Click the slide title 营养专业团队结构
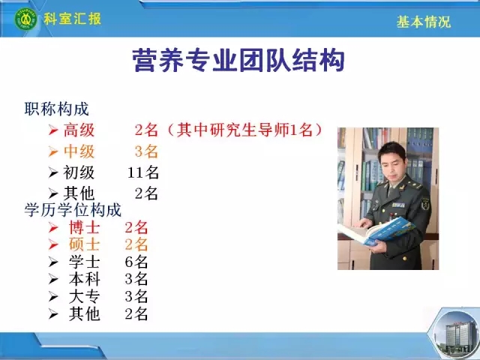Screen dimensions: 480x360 click(238, 60)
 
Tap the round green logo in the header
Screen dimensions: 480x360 click(26, 19)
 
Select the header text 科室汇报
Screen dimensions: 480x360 click(72, 19)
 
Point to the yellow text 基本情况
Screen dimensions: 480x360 click(424, 22)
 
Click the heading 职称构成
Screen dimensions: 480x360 click(57, 109)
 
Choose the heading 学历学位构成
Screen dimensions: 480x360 click(73, 210)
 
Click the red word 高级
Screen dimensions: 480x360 click(79, 130)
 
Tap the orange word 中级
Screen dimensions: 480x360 click(79, 151)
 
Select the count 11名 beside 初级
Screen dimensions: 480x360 click(143, 172)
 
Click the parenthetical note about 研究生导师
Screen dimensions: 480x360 click(244, 130)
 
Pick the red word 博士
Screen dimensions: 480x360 click(85, 228)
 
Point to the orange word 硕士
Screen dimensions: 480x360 click(85, 245)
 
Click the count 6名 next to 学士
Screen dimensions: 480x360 click(136, 262)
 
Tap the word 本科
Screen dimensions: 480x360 click(85, 280)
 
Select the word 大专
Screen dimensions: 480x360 click(85, 297)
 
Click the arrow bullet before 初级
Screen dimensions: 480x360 click(53, 173)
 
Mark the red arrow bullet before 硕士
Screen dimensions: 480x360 click(53, 245)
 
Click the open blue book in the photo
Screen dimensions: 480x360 click(376, 232)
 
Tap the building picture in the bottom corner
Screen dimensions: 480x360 click(457, 333)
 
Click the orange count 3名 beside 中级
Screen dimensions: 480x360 click(146, 151)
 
